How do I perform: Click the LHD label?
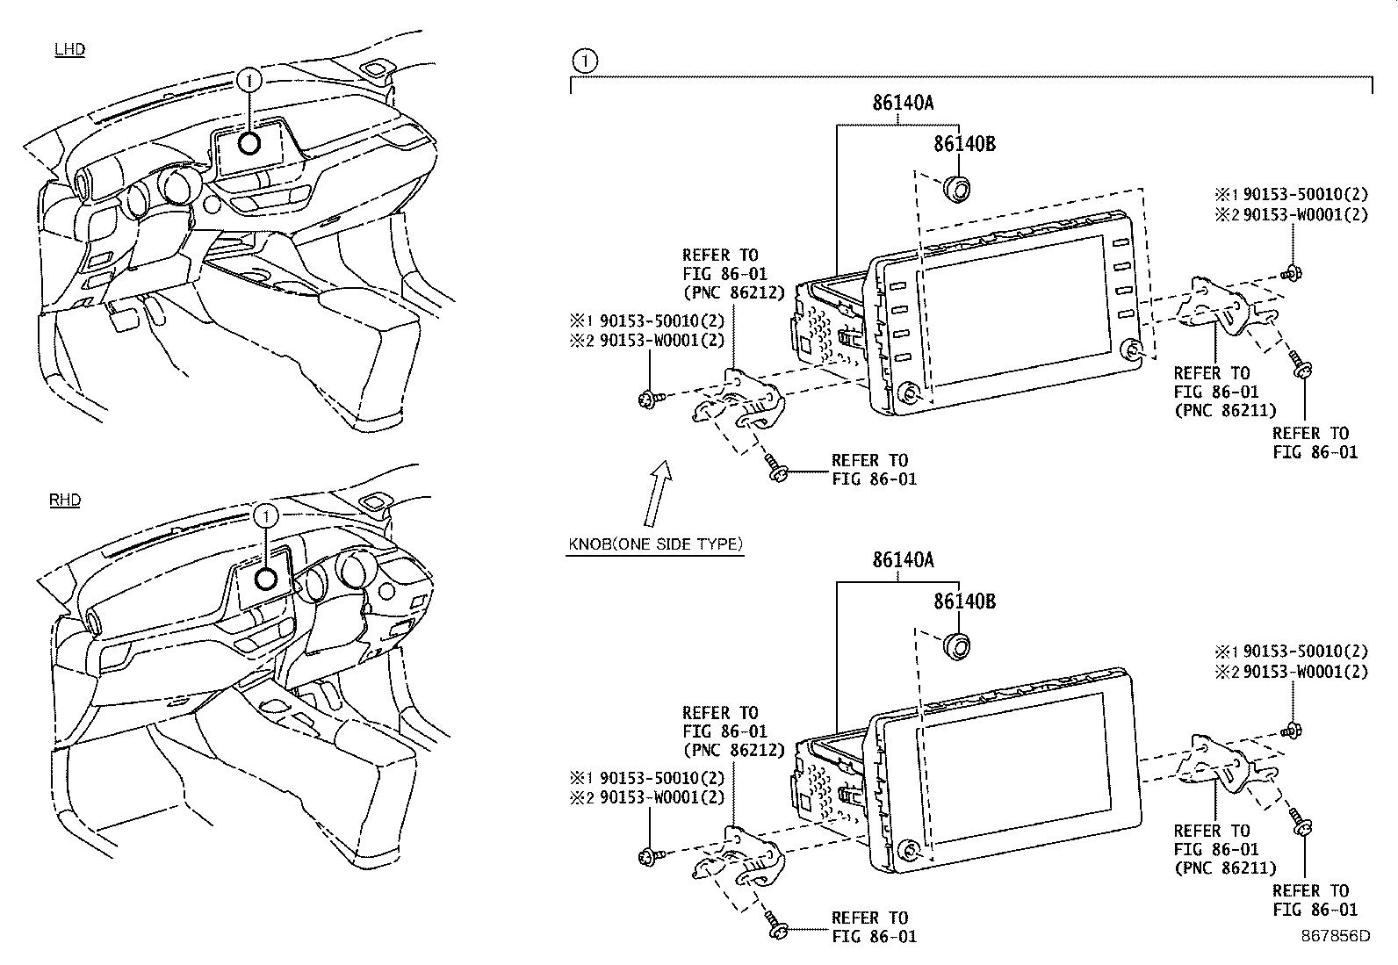(x=69, y=49)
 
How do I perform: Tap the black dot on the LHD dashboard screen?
(x=251, y=143)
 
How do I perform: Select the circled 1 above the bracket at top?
(x=585, y=61)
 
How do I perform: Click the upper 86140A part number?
(x=902, y=103)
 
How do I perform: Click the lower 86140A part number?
(x=902, y=559)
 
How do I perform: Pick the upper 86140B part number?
(x=963, y=144)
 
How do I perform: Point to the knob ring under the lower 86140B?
(x=956, y=645)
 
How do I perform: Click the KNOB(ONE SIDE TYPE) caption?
(x=655, y=544)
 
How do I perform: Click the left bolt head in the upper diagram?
(x=648, y=400)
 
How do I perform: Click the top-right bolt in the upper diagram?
(x=1293, y=273)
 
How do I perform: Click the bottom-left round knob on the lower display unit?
(x=908, y=849)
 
